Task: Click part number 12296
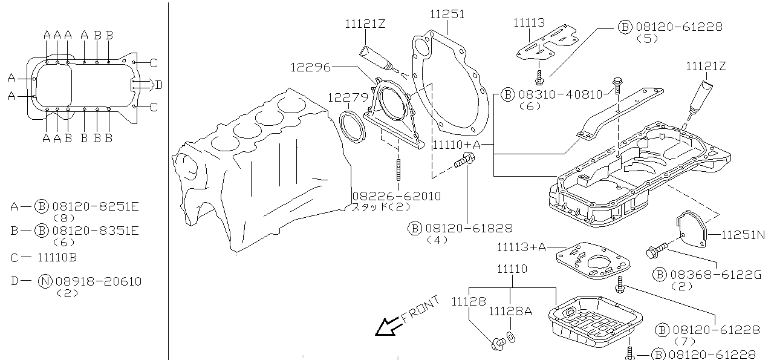[310, 67]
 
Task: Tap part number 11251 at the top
[447, 13]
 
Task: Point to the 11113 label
[529, 23]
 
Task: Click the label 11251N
[743, 235]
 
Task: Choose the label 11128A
[510, 311]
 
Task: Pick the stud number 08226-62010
[397, 197]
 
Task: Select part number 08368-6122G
[715, 275]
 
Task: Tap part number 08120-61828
[469, 228]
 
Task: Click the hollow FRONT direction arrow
[385, 327]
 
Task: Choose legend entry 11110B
[57, 257]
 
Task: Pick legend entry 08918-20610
[99, 281]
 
